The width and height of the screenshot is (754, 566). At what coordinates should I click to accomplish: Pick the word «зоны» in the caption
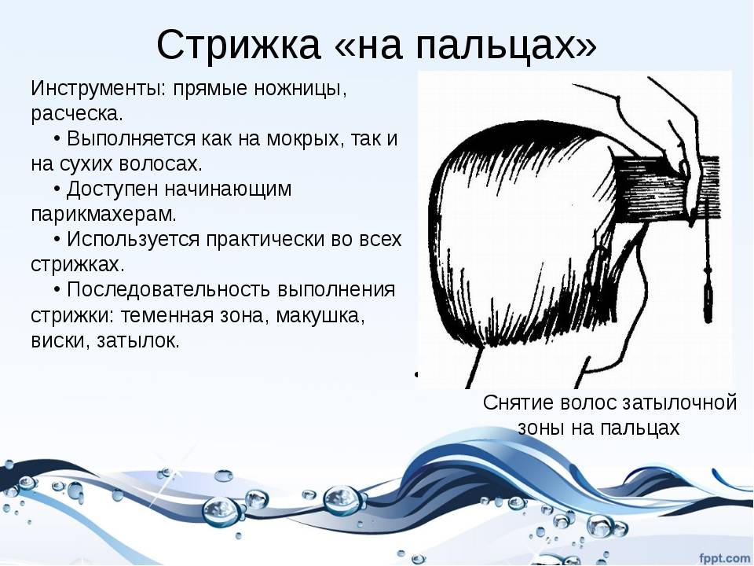point(540,428)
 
